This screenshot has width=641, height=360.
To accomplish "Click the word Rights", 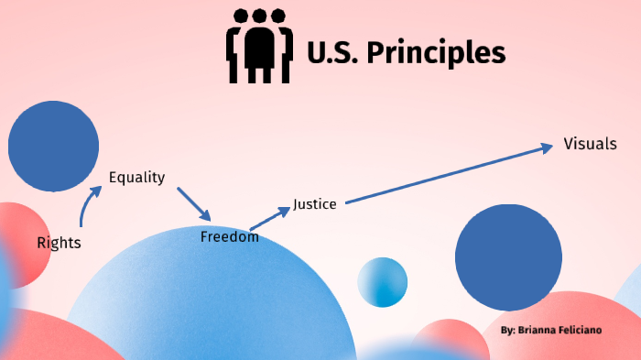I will [x=59, y=243].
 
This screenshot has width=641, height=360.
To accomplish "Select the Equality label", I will [x=136, y=178].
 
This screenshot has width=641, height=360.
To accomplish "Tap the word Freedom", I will [x=229, y=237].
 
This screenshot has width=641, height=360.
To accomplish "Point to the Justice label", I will [x=315, y=204].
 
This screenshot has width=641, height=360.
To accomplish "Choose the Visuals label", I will [x=590, y=144].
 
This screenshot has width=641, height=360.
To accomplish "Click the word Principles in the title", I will [x=435, y=53].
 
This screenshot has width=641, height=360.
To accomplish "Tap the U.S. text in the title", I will [x=332, y=53].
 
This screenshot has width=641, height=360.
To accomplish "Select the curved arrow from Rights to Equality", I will [x=87, y=206].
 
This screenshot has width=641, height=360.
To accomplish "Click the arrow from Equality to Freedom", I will [x=193, y=203].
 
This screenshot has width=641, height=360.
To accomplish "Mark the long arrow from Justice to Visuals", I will [x=449, y=174].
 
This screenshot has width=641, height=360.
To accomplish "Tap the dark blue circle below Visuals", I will [x=508, y=257].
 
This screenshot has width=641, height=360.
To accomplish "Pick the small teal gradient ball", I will [x=382, y=282].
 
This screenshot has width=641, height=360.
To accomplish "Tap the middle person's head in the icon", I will [x=259, y=16].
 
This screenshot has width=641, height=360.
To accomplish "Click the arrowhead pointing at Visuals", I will [x=547, y=146].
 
